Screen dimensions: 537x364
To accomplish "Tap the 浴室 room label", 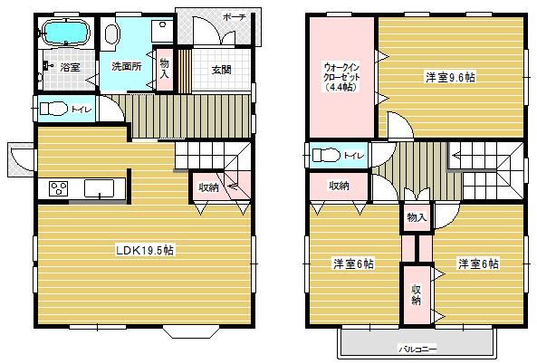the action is [71, 67].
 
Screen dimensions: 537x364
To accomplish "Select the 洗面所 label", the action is [127, 66].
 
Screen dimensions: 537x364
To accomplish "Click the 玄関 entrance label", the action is [221, 70].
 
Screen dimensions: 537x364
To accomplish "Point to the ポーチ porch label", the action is [235, 17].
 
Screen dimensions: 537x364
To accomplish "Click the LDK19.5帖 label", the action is [145, 250].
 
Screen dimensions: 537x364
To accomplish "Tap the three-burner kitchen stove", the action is [58, 188].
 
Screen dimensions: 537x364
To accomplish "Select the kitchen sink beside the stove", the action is [100, 188].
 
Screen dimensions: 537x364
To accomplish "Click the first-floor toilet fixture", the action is [53, 109].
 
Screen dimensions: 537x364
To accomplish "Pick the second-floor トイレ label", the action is [353, 156].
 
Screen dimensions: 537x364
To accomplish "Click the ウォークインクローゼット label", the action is [341, 77].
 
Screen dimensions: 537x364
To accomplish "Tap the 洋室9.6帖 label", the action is [450, 77].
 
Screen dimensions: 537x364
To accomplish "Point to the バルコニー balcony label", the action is [417, 350].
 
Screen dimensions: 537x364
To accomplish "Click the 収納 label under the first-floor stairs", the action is [209, 187].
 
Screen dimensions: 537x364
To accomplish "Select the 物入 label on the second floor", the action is [417, 217].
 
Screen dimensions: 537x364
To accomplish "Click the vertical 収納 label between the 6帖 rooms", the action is [416, 295].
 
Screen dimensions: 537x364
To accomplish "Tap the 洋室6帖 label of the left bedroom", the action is [354, 264].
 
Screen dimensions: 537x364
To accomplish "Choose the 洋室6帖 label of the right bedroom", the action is [478, 263].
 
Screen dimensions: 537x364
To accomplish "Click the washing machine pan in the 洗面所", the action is [162, 31].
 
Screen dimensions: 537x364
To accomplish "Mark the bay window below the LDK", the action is [191, 331].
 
